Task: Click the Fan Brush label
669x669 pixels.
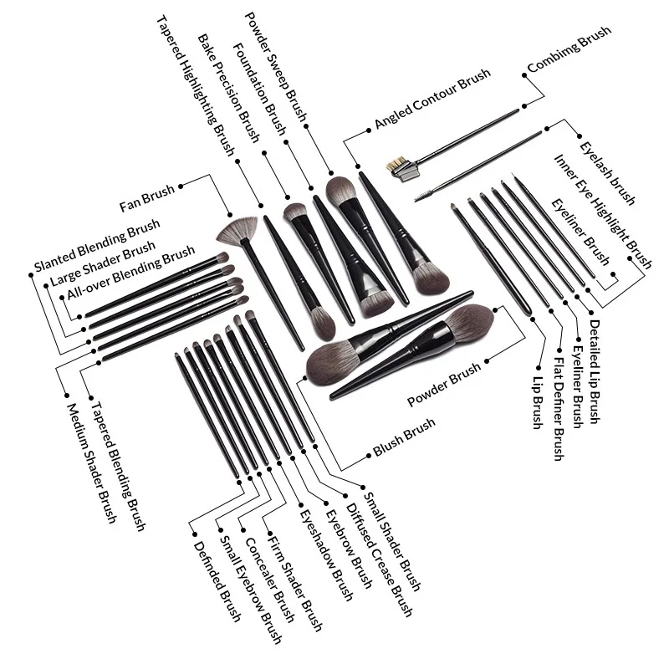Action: point(147,197)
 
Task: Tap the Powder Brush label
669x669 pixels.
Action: point(444,384)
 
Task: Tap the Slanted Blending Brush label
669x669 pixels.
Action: point(96,246)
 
